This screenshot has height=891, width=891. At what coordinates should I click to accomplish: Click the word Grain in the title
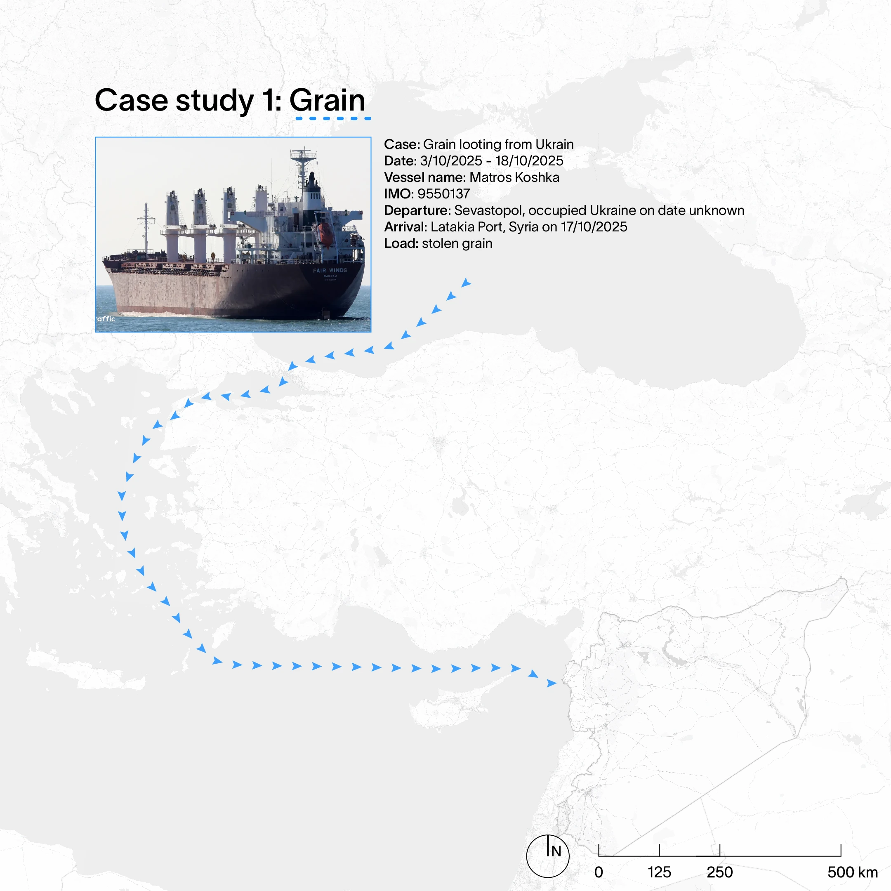coord(327,100)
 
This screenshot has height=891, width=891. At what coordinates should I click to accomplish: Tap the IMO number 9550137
coord(444,194)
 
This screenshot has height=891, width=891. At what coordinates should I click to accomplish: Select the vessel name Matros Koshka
coord(514,177)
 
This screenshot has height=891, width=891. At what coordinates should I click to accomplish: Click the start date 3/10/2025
coord(451,161)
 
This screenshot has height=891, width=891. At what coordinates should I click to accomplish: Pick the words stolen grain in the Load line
coord(457,243)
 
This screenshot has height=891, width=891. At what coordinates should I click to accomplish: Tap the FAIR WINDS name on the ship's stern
coord(330,270)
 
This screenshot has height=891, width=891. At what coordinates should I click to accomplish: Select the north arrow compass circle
coord(548,856)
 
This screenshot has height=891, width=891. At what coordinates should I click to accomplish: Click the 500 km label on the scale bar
coord(852,872)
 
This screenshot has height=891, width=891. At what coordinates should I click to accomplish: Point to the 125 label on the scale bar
coord(659,872)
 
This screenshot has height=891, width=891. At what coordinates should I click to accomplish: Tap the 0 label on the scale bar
coord(599,872)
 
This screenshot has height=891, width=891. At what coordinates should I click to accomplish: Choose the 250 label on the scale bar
coord(719,872)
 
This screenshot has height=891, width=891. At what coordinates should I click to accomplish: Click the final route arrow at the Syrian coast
coord(552,683)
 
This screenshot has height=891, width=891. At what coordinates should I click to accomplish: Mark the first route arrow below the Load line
coord(466,283)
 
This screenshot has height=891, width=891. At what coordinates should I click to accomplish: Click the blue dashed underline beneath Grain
coord(333,118)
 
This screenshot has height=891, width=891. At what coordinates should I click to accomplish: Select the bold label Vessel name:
coord(425,177)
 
